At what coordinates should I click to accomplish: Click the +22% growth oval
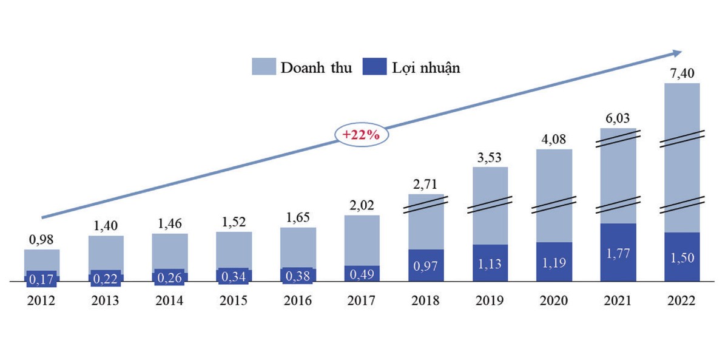point(361,135)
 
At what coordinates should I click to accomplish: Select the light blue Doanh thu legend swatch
point(264,67)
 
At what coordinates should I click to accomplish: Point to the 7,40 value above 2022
point(682,74)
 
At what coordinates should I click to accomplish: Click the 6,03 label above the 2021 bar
point(618,119)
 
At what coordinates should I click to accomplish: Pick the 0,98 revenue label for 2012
point(42,240)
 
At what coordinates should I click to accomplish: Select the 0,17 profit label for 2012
point(42,280)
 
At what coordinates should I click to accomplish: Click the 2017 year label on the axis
point(362,300)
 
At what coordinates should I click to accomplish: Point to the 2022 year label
point(682,300)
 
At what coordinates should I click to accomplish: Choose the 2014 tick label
point(170,300)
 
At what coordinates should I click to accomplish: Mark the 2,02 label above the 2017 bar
point(362,206)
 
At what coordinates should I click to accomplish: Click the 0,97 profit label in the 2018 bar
point(426,266)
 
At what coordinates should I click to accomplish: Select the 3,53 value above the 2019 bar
point(490,158)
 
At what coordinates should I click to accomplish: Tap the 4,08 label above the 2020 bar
point(554,140)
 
